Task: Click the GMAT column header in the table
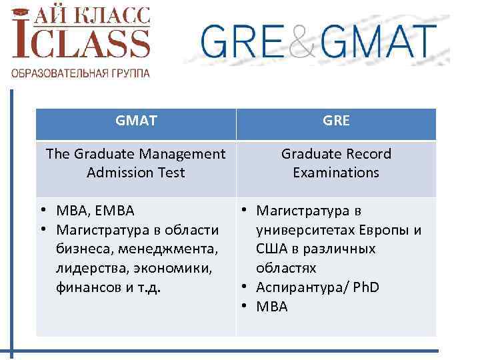coord(136,121)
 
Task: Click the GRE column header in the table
coord(336,121)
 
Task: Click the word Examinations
coord(336,173)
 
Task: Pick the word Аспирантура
coord(297,287)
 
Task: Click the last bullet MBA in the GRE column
coord(272,307)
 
